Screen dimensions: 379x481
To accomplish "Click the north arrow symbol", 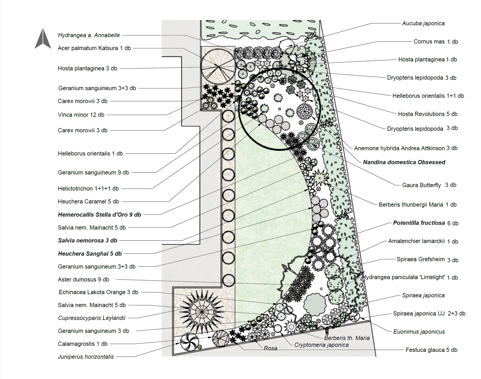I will click(43, 39).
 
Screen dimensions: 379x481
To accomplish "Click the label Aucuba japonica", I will click(423, 23).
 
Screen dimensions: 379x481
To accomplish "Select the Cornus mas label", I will click(435, 42).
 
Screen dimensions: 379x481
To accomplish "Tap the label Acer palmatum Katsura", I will click(94, 48).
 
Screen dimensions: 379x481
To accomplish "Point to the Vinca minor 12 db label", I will click(81, 115).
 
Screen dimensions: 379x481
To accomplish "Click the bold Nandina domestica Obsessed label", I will click(404, 162).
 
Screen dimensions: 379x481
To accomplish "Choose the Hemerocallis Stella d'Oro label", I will click(99, 215).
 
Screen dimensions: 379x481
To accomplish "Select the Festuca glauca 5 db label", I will click(431, 350).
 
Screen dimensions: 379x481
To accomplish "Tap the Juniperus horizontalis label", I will click(86, 357).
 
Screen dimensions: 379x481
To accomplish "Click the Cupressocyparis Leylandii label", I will click(92, 318).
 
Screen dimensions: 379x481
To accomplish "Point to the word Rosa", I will click(270, 348).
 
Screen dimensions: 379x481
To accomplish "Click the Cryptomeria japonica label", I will click(321, 345).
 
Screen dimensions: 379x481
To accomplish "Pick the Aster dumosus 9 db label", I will click(83, 280).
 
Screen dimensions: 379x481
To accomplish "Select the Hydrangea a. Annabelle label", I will click(89, 35).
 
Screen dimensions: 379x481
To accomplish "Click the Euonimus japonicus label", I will click(419, 332).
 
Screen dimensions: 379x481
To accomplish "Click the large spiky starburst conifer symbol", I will click(202, 312).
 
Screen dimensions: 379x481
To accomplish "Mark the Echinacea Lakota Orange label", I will click(98, 292).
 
